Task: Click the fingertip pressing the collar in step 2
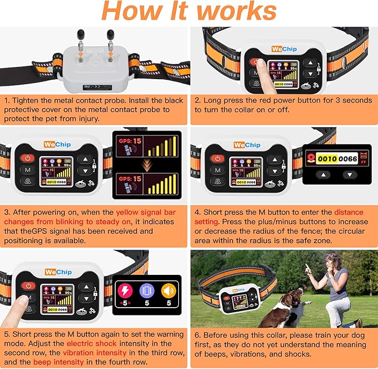pos(259,63)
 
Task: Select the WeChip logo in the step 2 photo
pos(283,49)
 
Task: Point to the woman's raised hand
pos(308,268)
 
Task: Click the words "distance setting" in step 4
pos(348,218)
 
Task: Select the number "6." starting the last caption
pos(198,335)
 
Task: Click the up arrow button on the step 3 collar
pos(85,158)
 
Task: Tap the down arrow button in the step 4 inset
pos(349,174)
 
